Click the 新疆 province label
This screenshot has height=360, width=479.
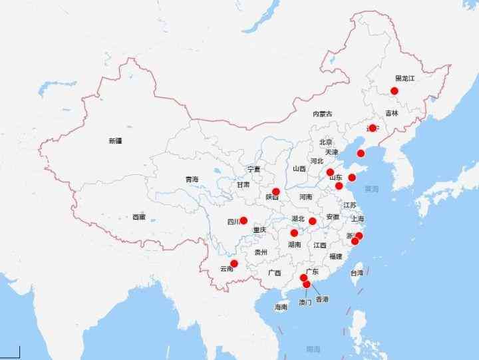click(116, 141)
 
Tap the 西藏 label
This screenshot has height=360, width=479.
click(138, 217)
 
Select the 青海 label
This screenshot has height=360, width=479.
click(192, 179)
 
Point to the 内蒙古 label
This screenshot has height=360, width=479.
click(323, 114)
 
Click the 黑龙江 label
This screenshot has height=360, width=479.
click(404, 79)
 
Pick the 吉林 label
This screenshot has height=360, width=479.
click(391, 114)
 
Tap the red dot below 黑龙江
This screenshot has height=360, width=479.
click(395, 90)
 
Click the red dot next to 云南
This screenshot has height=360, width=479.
click(234, 264)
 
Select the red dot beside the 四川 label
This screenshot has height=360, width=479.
click(243, 220)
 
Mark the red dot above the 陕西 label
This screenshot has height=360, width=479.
click(276, 192)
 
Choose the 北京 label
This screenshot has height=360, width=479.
click(325, 142)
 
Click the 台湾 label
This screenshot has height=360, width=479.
click(357, 273)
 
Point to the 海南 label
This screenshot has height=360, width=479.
click(281, 307)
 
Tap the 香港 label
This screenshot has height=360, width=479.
click(322, 299)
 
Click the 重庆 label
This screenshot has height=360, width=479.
click(259, 230)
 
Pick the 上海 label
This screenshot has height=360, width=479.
click(358, 218)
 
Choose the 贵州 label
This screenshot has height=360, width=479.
click(260, 253)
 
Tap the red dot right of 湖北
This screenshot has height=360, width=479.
click(313, 221)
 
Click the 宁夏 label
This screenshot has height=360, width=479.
click(253, 169)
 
